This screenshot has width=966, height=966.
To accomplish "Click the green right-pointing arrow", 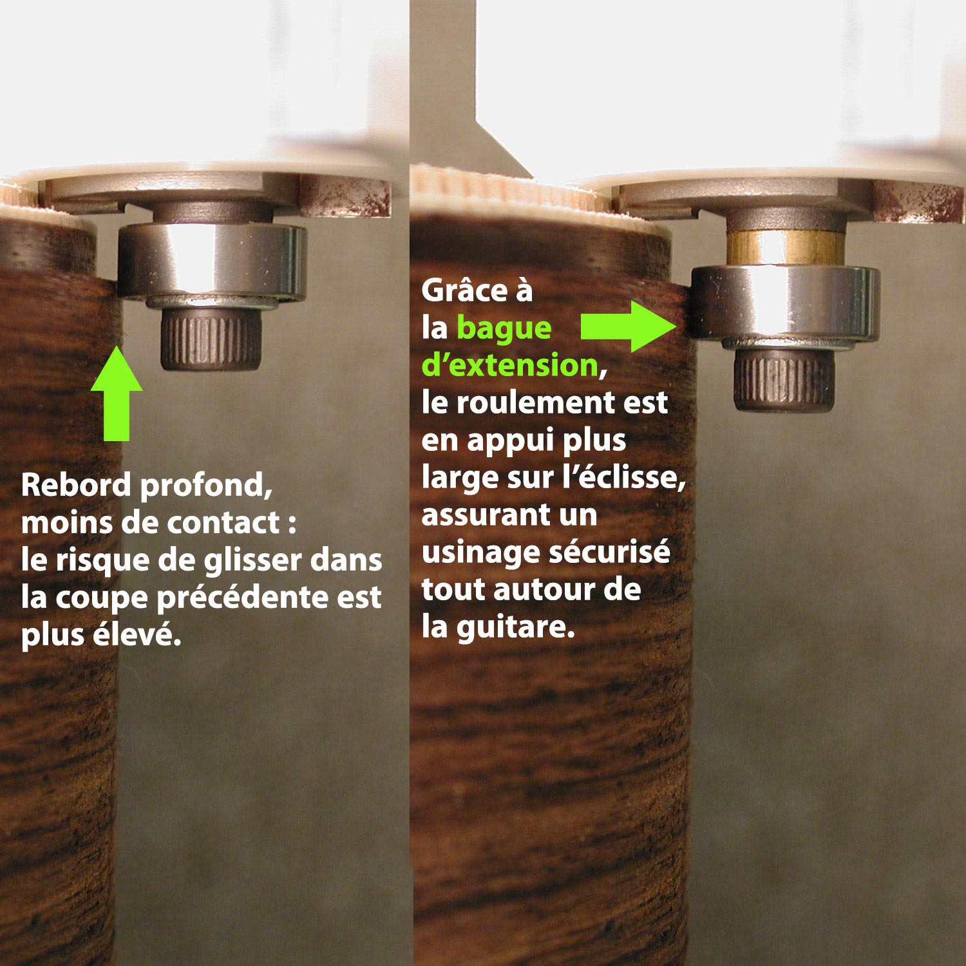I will [x=628, y=327].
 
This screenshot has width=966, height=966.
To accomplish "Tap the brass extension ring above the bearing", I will [x=784, y=248].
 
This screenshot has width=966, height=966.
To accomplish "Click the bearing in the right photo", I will [x=784, y=303].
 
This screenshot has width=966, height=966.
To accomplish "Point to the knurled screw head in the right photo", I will [x=784, y=380].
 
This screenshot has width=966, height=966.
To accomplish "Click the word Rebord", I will [x=76, y=484].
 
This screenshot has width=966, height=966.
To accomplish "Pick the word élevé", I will [x=137, y=635].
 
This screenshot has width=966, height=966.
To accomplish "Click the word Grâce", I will [x=464, y=291].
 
